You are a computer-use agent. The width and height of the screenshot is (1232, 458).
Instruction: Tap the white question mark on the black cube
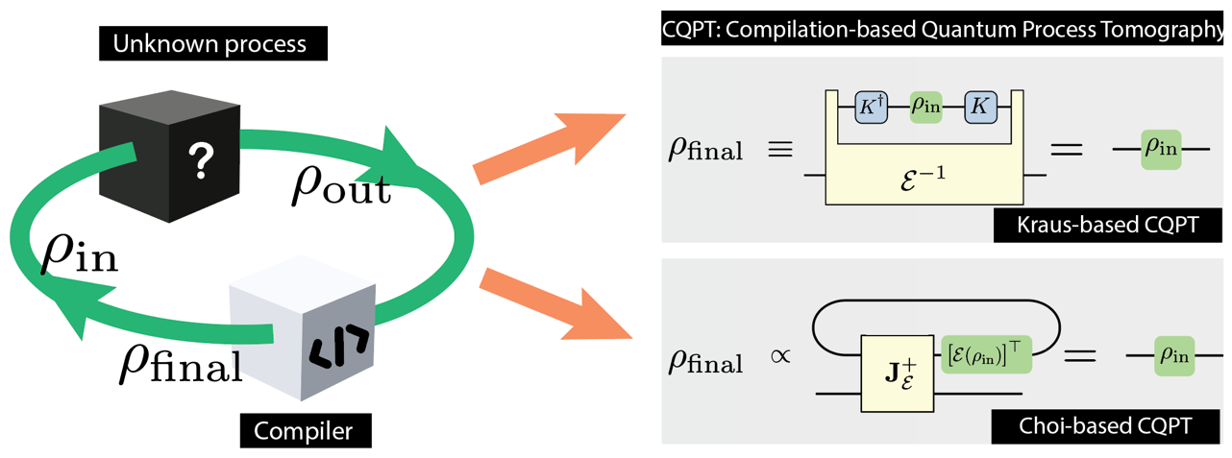coord(200,161)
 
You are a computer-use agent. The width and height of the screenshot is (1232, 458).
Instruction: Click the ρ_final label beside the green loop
coord(180,362)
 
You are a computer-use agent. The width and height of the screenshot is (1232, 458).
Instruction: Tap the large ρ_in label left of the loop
coord(79,254)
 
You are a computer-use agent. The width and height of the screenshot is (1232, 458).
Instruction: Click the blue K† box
coord(869,107)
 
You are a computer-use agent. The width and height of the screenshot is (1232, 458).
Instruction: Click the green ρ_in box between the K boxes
coord(924,107)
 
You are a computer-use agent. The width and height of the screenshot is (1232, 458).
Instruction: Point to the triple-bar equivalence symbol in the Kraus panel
coord(775,153)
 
